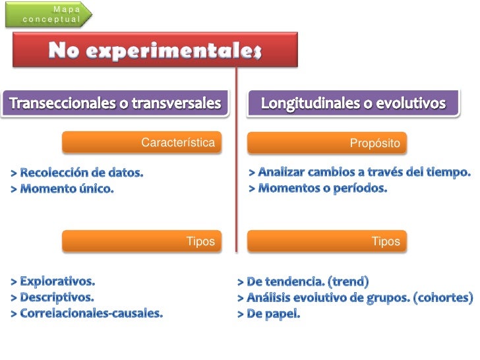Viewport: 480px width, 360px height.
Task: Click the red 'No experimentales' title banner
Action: (155, 50)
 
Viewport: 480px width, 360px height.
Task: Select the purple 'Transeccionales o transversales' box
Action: (115, 104)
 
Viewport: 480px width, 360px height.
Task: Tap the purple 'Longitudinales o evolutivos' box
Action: (353, 104)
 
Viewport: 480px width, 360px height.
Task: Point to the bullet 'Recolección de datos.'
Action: (76, 173)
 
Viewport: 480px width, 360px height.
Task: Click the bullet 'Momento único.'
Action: (62, 189)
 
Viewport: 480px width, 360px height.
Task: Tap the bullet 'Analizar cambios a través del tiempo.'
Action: (360, 173)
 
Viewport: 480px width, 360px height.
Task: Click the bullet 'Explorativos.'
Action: (53, 281)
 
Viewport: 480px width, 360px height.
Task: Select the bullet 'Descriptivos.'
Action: (52, 297)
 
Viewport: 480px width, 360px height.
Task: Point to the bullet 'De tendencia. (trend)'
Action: (303, 282)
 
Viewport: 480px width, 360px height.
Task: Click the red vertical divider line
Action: (236, 198)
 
